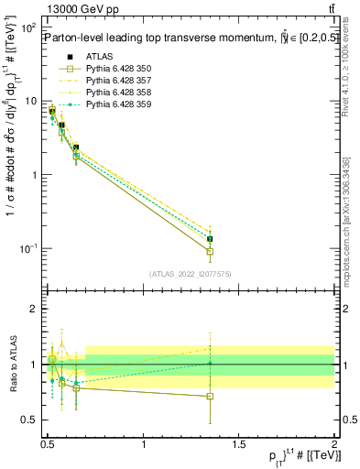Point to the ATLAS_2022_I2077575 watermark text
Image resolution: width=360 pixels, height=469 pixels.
point(190,274)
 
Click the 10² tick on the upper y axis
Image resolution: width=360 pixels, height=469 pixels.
point(28,27)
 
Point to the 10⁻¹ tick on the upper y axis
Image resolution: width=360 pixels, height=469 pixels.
point(28,248)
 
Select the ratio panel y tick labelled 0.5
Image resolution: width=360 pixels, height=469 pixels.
point(31,420)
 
